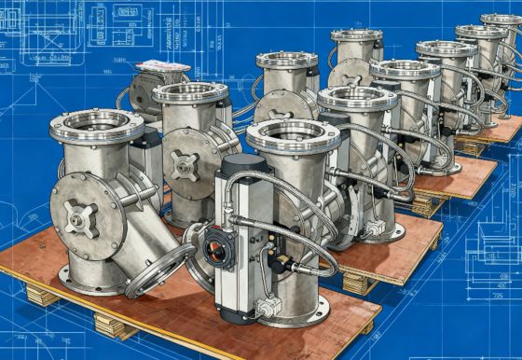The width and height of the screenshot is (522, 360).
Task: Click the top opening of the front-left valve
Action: click(96, 124)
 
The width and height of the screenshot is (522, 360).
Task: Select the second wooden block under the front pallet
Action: click(115, 325)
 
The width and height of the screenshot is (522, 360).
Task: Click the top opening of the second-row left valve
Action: click(189, 91)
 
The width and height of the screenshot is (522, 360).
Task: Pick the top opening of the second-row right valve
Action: click(357, 97)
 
